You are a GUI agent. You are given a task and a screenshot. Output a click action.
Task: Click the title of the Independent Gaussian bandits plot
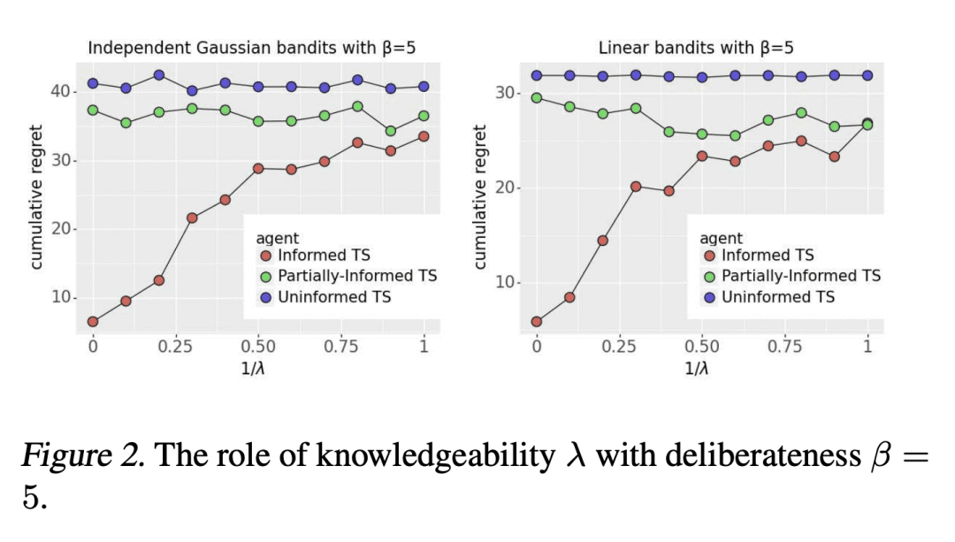[252, 48]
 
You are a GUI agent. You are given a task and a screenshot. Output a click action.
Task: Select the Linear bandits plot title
[696, 48]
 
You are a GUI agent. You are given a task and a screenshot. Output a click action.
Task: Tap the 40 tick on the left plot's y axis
[59, 92]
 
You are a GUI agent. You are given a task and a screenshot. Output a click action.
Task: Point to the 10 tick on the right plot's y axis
[503, 283]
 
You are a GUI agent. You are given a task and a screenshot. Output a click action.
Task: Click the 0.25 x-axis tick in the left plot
[175, 346]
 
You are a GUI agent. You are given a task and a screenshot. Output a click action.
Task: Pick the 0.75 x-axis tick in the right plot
[784, 346]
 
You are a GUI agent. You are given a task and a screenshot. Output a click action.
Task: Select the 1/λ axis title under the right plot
[697, 368]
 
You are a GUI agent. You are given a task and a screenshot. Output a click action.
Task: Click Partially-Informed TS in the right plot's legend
[801, 276]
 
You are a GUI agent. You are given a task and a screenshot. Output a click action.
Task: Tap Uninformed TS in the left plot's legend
[334, 297]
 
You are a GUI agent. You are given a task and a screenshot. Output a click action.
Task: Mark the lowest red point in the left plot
[93, 321]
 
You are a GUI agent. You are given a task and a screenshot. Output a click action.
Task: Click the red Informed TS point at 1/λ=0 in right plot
[537, 322]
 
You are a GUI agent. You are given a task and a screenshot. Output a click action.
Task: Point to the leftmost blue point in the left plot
[93, 83]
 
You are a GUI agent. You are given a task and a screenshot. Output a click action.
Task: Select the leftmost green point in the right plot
[537, 98]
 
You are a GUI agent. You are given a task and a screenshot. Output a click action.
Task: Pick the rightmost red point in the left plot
[424, 136]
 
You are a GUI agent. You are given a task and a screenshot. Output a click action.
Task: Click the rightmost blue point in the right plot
[867, 75]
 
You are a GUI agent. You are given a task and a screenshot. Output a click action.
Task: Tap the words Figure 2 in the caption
[67, 456]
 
